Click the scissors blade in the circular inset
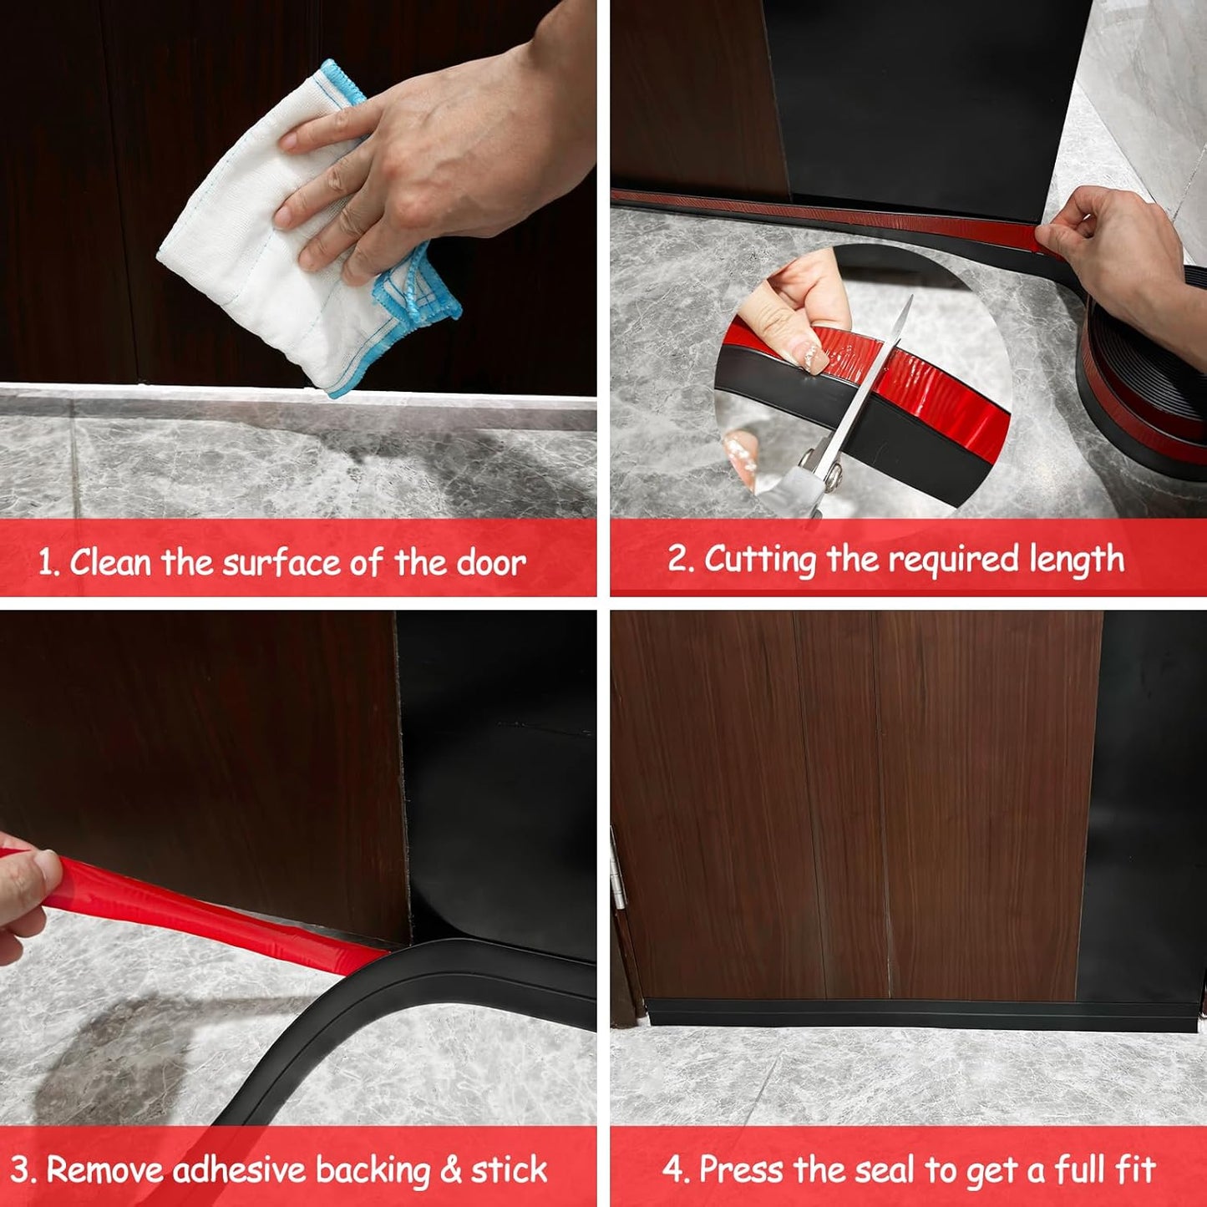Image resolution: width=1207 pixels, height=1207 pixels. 877,376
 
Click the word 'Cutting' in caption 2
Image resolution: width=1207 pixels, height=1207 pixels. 759,560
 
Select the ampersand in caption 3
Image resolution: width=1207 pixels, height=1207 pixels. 450,1170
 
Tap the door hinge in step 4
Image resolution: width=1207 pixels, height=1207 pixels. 618,877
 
